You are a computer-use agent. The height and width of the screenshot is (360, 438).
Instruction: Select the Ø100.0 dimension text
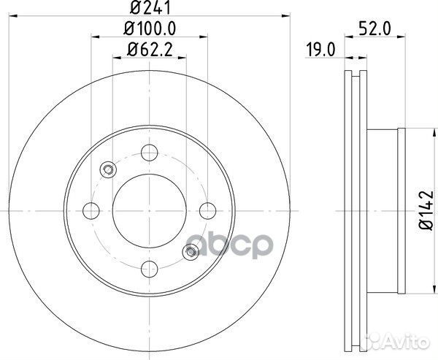pyautogui.click(x=151, y=30)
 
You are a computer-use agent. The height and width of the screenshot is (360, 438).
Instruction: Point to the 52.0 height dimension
pyautogui.click(x=373, y=30)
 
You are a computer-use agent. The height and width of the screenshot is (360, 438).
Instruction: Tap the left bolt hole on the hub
pyautogui.click(x=92, y=210)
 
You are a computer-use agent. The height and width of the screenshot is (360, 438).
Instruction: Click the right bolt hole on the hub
pyautogui.click(x=207, y=210)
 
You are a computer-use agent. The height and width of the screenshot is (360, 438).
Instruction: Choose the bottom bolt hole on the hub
pyautogui.click(x=150, y=268)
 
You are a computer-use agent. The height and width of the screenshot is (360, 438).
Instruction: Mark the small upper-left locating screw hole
pyautogui.click(x=108, y=170)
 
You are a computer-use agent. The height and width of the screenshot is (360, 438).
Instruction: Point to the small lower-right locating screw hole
pyautogui.click(x=191, y=252)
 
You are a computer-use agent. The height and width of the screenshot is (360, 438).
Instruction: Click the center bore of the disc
pyautogui.click(x=150, y=210)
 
